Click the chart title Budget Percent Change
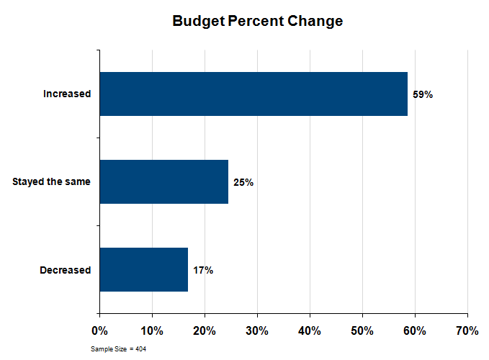coord(257,21)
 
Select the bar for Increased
coord(254,94)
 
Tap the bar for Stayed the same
coord(163,182)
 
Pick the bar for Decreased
coord(143,270)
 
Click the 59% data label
coord(422,94)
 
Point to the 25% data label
coord(243,182)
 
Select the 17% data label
coord(202,270)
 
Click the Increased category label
coord(67,94)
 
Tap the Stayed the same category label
coord(51,182)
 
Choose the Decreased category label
coord(66,270)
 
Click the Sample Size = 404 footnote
coord(119,348)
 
